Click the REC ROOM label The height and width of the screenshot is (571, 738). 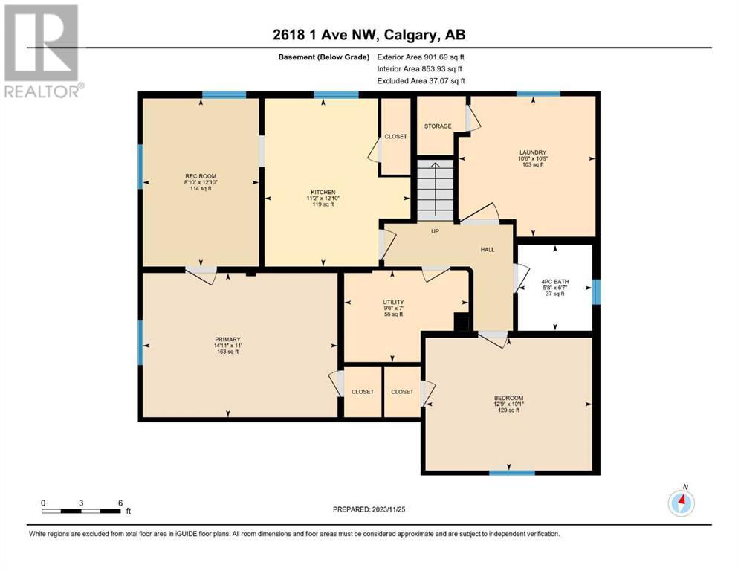[201, 176]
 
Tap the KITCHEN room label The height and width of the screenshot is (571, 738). [323, 192]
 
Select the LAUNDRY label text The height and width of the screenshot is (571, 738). [533, 152]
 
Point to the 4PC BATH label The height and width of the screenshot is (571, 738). [555, 282]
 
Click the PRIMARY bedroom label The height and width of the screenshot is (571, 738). [228, 339]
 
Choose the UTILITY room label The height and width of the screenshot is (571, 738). [393, 302]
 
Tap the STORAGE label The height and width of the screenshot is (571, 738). [438, 126]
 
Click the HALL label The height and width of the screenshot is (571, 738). [488, 250]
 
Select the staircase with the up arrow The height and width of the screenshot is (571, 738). [436, 190]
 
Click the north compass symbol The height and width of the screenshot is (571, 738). [682, 503]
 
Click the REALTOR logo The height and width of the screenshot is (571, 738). [42, 51]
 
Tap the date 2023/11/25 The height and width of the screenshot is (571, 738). [388, 509]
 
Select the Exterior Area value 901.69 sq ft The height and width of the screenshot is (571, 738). [444, 57]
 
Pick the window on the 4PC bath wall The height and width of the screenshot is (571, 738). [596, 292]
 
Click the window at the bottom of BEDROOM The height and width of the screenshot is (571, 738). [512, 473]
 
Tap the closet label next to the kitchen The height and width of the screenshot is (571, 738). [396, 137]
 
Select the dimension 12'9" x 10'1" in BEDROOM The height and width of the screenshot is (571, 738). [509, 404]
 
